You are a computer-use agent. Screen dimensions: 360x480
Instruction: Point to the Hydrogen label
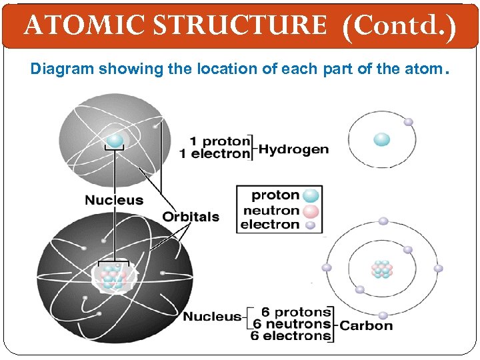[293, 149]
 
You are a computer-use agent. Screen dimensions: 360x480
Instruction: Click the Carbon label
[366, 325]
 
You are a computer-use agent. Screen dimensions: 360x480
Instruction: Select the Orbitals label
[191, 217]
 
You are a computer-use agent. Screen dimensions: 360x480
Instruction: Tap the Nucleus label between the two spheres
[113, 200]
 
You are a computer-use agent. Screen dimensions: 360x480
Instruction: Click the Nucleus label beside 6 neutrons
[212, 317]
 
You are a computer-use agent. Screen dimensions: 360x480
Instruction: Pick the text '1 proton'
[220, 141]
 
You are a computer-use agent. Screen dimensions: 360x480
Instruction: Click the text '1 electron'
[215, 154]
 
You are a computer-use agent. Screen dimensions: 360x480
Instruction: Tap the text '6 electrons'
[291, 336]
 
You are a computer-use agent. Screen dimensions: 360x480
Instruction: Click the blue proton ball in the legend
[311, 195]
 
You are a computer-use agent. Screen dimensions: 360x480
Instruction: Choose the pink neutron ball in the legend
[311, 211]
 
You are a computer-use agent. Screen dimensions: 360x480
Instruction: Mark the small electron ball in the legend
[309, 225]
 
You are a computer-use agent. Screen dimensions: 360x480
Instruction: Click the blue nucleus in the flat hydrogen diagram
[382, 139]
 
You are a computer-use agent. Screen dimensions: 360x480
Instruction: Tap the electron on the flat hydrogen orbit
[408, 122]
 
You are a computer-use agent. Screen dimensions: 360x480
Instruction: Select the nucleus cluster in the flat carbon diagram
[382, 269]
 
